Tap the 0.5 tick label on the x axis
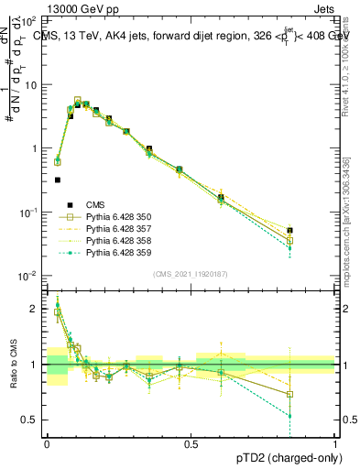click(x=191, y=443)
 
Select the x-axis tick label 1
click(x=335, y=443)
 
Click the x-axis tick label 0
click(x=47, y=443)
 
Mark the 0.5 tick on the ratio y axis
click(x=32, y=420)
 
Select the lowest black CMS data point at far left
click(x=58, y=180)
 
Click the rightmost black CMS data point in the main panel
click(x=316, y=231)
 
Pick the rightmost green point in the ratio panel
click(x=316, y=416)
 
